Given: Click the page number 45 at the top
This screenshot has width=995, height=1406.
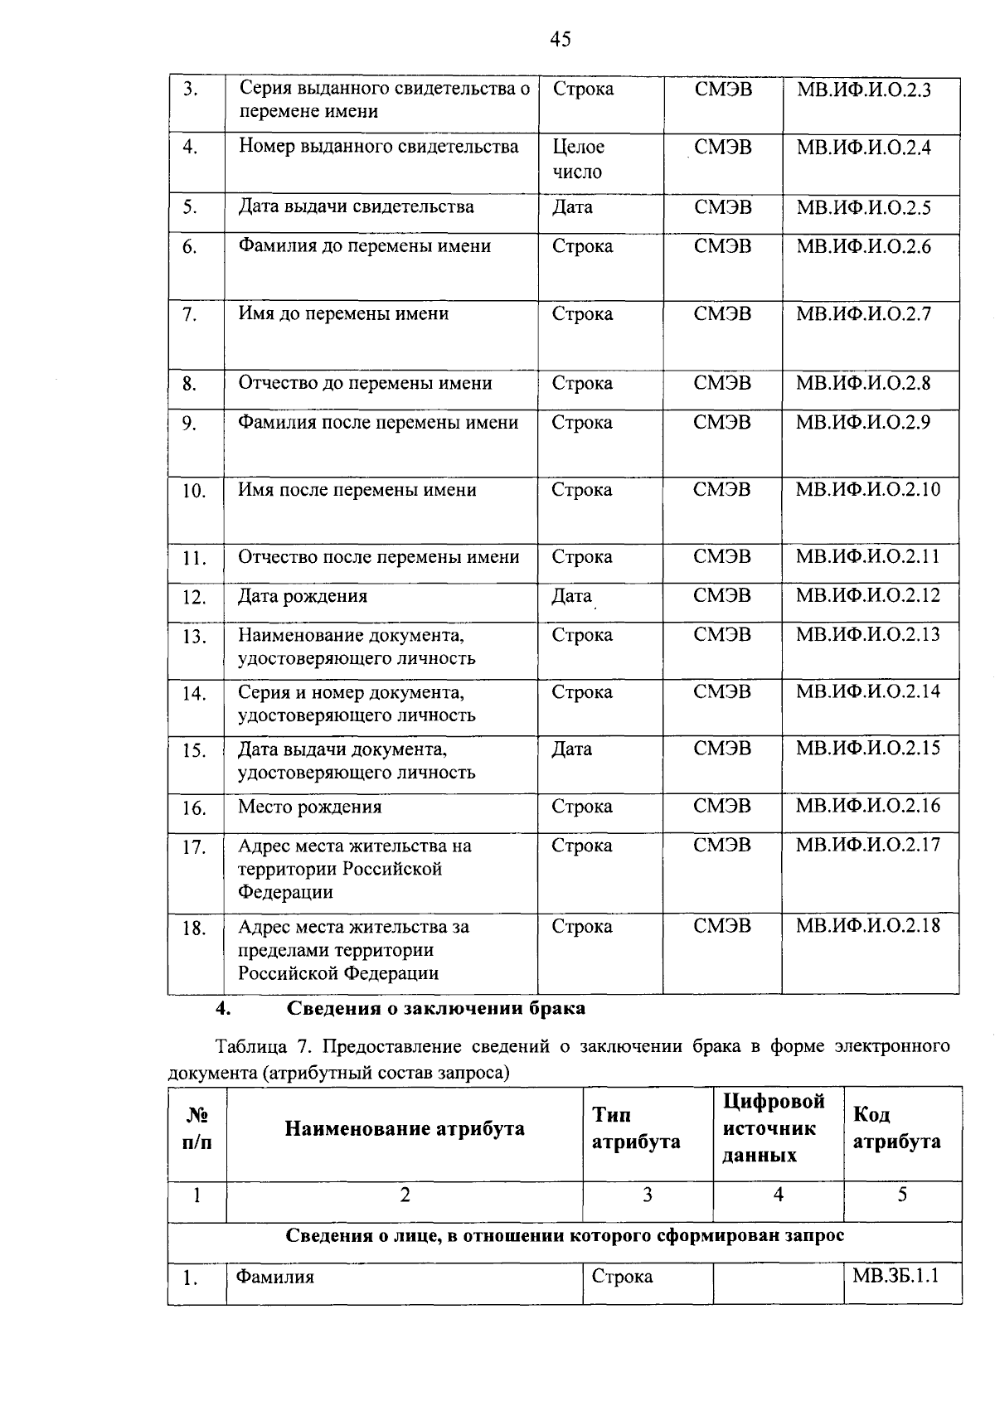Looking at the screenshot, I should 560,39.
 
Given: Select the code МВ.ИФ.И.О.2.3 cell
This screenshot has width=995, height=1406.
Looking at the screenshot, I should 863,90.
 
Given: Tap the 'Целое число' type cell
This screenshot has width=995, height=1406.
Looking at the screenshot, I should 578,159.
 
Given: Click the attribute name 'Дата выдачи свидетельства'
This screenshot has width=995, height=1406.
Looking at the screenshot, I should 357,206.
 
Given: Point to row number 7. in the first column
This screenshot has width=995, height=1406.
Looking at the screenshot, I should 190,315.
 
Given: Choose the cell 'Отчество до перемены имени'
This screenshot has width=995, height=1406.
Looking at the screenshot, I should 365,383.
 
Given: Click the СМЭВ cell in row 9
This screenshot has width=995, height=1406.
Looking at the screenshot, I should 722,423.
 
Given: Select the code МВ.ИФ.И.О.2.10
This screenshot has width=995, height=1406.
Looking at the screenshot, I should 868,489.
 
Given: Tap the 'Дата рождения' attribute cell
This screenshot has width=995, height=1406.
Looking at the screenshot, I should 303,596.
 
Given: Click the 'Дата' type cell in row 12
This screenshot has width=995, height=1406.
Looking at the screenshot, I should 572,596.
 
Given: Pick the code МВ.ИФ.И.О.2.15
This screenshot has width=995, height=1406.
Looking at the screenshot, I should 868,748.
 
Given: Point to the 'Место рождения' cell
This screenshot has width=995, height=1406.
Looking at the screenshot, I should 309,807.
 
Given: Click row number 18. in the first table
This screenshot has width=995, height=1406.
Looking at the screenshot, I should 194,928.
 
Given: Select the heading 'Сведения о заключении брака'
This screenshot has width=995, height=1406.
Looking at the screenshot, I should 436,1008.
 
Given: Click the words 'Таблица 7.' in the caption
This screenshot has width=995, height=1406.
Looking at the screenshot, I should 253,1046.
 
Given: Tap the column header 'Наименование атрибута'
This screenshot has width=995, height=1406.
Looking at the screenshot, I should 405,1128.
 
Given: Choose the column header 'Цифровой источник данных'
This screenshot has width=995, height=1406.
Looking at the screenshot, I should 774,1128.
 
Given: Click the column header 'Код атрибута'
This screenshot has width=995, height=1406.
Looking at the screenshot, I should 896,1128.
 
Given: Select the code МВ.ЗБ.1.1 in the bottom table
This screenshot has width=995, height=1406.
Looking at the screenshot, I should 895,1276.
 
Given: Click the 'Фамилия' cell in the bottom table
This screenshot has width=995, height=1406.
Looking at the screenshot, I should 275,1277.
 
